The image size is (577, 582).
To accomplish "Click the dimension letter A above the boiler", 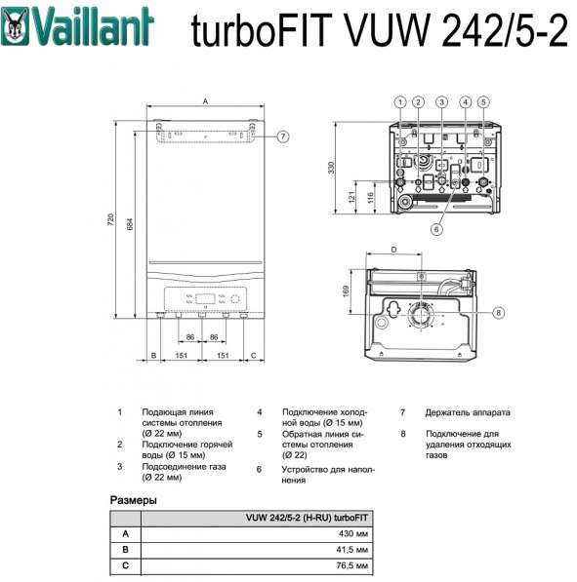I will (x=205, y=100).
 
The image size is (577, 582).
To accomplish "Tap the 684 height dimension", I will (x=131, y=224).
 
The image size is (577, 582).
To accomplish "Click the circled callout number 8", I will (x=497, y=313).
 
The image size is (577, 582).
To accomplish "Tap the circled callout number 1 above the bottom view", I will (x=399, y=101).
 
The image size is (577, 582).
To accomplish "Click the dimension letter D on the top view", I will (x=394, y=251).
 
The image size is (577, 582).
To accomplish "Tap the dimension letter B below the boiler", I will (x=153, y=356).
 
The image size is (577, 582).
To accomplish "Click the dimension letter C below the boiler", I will (x=253, y=356).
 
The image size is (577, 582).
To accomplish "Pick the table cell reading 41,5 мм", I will (x=352, y=550).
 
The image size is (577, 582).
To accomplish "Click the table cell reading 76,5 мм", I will (x=352, y=565).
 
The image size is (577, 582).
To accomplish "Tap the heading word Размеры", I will (x=134, y=499).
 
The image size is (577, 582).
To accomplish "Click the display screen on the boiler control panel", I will (x=205, y=299).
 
